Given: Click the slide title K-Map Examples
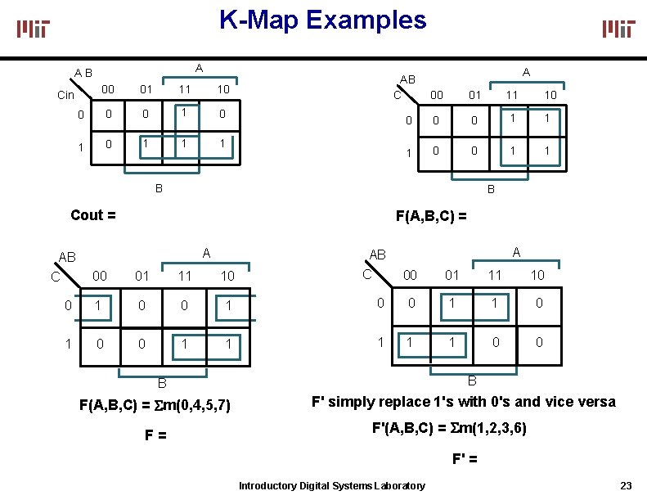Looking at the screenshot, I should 322,20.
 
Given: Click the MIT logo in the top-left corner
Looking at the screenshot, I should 34,29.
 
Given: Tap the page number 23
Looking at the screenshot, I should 627,485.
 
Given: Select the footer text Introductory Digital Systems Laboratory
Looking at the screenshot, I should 331,486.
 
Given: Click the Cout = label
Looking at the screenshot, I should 93,215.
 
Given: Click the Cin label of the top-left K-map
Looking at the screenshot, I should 66,96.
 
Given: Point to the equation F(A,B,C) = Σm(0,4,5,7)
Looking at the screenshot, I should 155,405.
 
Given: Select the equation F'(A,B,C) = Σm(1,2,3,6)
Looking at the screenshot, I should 449,428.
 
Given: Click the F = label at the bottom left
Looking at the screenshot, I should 155,435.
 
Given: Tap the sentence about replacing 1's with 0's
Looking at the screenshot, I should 463,402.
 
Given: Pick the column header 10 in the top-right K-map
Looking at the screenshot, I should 551,95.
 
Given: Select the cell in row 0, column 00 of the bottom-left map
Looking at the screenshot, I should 100,305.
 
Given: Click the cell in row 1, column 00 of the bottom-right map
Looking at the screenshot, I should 409,343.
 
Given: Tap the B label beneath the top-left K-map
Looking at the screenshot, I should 160,187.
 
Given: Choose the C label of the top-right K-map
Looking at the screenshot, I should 397,94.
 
